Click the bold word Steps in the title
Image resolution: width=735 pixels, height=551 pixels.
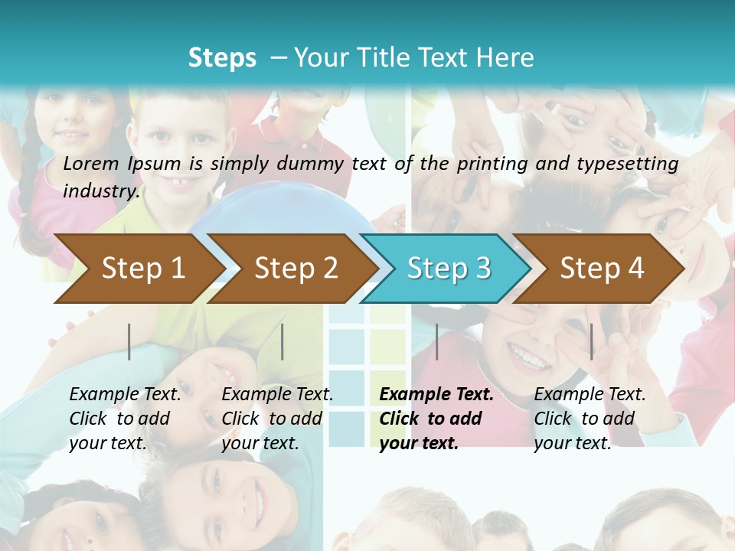tap(222, 57)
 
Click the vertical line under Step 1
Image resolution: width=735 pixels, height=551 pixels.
tap(129, 341)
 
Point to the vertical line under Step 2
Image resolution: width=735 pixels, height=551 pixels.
tap(283, 341)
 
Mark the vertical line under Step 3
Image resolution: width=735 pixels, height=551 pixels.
tap(437, 341)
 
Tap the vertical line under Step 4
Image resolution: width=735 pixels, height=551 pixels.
tap(591, 341)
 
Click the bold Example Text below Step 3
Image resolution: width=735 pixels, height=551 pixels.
tap(436, 395)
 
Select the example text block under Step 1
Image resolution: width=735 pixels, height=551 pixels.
tap(125, 419)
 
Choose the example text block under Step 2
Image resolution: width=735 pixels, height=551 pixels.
tap(277, 419)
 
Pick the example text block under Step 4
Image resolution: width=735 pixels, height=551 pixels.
tap(590, 419)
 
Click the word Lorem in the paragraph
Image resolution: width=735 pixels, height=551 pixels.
tap(91, 163)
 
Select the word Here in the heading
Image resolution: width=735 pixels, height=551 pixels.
tap(505, 57)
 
